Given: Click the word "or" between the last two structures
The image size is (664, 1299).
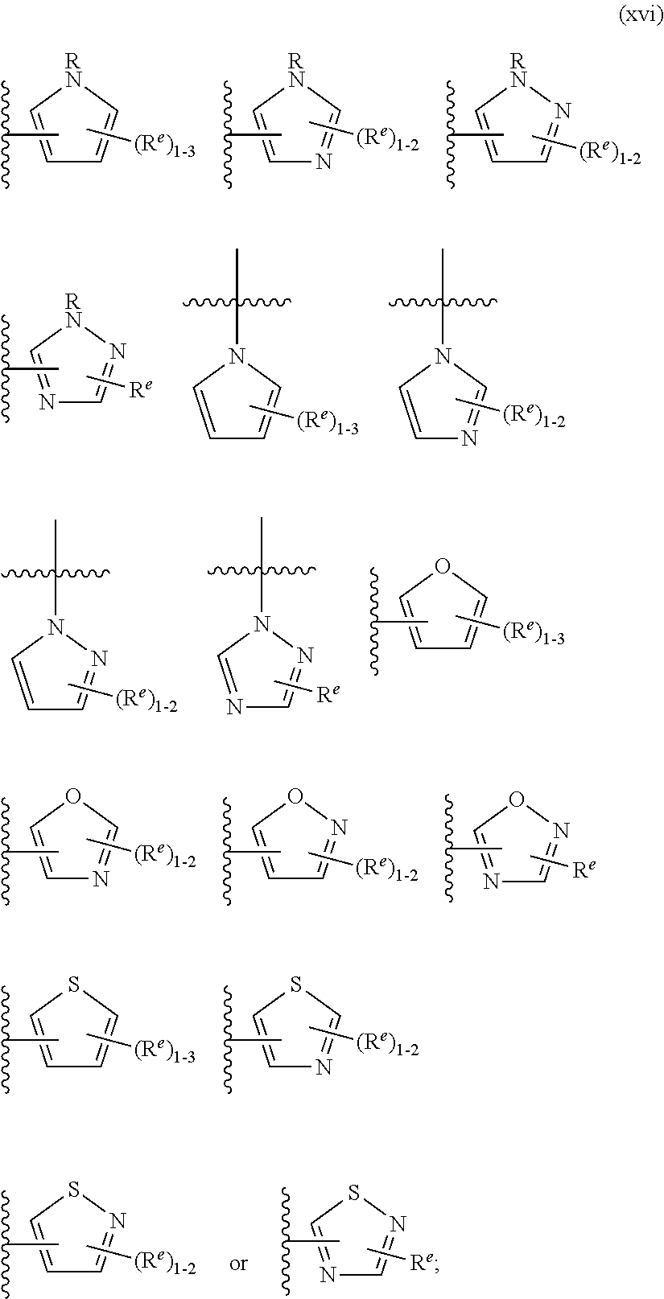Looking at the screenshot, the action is click(239, 1264).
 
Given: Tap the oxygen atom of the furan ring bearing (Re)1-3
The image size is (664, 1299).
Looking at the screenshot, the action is click(442, 569).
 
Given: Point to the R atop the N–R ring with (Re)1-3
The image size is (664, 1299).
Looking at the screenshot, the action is click(73, 60).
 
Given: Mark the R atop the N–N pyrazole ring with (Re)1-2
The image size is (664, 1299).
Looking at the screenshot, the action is click(518, 60).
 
